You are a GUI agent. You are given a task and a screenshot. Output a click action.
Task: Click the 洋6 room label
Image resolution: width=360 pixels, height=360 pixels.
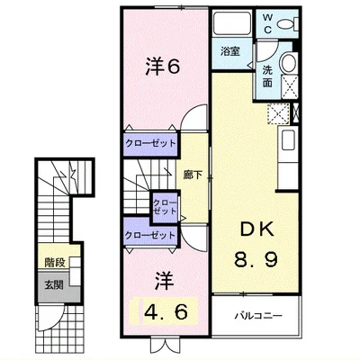tap(163, 67)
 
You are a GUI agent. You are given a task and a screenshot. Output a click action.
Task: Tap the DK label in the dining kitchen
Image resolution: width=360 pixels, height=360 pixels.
tap(257, 229)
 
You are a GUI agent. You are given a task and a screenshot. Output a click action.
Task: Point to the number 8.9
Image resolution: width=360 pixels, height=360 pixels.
tap(256, 259)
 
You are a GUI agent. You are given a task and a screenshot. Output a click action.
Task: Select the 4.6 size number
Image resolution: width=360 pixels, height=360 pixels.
tap(166, 311)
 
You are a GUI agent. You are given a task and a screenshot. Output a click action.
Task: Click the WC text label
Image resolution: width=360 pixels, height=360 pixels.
tap(267, 23)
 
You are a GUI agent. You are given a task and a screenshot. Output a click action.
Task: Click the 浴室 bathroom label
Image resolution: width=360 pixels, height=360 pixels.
tap(230, 51)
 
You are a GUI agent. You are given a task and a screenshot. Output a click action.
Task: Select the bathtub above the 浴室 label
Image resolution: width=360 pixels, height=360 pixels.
tap(232, 23)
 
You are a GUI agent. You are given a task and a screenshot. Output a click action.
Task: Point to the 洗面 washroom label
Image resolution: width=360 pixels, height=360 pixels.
tap(267, 76)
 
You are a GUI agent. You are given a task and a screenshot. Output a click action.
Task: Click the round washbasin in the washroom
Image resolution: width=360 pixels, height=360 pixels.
tap(289, 62)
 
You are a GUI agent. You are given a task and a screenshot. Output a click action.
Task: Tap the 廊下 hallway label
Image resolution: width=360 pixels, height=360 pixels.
tap(193, 175)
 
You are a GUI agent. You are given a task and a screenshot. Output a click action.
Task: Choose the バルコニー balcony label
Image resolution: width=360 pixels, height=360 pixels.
tap(258, 316)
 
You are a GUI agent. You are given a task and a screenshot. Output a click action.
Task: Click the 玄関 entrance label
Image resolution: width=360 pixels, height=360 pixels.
tap(54, 285)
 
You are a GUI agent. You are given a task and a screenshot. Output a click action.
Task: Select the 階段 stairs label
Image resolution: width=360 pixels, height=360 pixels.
tap(55, 263)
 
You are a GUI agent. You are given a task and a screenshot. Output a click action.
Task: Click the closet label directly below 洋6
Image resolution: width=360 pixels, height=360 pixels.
tap(150, 143)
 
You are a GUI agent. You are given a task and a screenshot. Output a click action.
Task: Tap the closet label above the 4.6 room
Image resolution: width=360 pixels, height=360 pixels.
tap(150, 235)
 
